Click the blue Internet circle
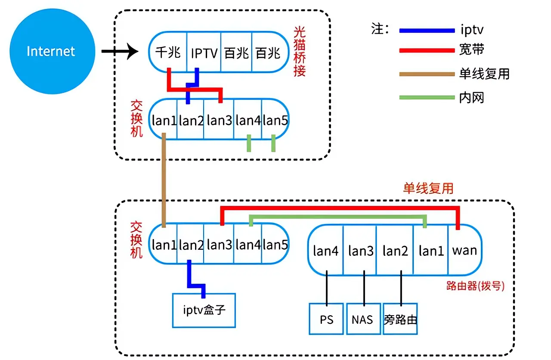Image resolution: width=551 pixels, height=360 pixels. pyautogui.click(x=52, y=51)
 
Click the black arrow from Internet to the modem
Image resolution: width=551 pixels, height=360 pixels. pyautogui.click(x=120, y=52)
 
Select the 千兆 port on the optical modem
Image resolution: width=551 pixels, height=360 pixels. pyautogui.click(x=167, y=53)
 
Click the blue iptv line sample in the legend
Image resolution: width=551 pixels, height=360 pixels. pyautogui.click(x=427, y=31)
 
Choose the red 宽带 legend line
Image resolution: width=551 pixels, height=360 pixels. pyautogui.click(x=427, y=51)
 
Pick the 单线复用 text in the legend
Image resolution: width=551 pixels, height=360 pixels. pyautogui.click(x=484, y=74)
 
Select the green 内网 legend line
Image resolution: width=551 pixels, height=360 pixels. pyautogui.click(x=427, y=97)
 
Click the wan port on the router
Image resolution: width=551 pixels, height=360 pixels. pyautogui.click(x=464, y=250)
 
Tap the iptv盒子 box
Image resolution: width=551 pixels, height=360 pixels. pyautogui.click(x=204, y=310)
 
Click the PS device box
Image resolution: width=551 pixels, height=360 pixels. pyautogui.click(x=327, y=319)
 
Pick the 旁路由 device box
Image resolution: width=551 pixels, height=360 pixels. pyautogui.click(x=400, y=319)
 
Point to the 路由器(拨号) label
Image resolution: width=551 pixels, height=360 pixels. pyautogui.click(x=475, y=286)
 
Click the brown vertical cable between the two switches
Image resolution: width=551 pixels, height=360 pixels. pyautogui.click(x=164, y=181)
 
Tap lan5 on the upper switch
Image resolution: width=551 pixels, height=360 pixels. pyautogui.click(x=275, y=120)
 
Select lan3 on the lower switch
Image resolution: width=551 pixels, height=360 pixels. pyautogui.click(x=219, y=245)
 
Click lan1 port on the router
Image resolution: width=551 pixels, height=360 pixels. pyautogui.click(x=431, y=251)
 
